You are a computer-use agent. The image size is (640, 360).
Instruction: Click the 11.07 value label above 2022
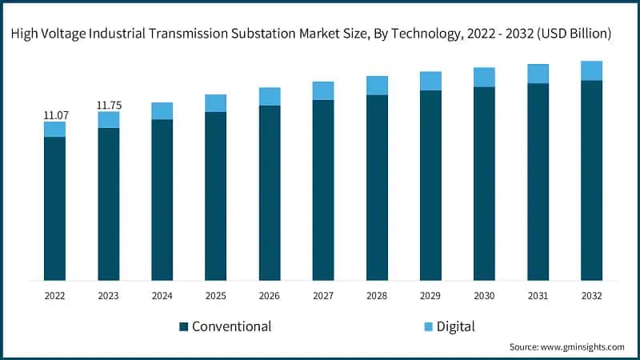pyautogui.click(x=54, y=115)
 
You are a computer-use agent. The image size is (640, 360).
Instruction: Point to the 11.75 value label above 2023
pyautogui.click(x=108, y=105)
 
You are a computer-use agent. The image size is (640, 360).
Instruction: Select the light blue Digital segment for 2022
pyautogui.click(x=54, y=129)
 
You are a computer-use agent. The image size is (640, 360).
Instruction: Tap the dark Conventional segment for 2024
pyautogui.click(x=162, y=200)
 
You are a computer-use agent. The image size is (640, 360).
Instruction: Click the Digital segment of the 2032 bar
pyautogui.click(x=591, y=70)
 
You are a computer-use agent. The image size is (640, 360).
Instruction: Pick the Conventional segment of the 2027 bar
pyautogui.click(x=323, y=190)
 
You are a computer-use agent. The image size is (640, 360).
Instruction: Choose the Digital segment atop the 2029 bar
pyautogui.click(x=430, y=81)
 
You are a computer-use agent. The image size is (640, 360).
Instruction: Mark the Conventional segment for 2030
pyautogui.click(x=484, y=183)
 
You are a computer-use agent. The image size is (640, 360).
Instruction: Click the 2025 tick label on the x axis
pyautogui.click(x=215, y=295)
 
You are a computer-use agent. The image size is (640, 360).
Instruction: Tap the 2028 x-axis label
pyautogui.click(x=377, y=295)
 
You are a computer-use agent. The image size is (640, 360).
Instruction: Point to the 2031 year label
pyautogui.click(x=538, y=295)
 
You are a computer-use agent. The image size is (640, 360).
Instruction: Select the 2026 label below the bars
pyautogui.click(x=270, y=295)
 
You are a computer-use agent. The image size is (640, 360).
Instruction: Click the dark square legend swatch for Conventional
pyautogui.click(x=183, y=326)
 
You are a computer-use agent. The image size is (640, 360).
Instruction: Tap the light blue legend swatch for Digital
pyautogui.click(x=426, y=326)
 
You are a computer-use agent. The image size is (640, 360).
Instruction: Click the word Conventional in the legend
pyautogui.click(x=231, y=326)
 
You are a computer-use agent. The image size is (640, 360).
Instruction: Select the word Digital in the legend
pyautogui.click(x=456, y=326)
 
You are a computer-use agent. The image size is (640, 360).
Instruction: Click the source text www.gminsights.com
pyautogui.click(x=582, y=347)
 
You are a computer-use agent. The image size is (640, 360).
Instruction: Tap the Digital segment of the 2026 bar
pyautogui.click(x=270, y=96)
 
